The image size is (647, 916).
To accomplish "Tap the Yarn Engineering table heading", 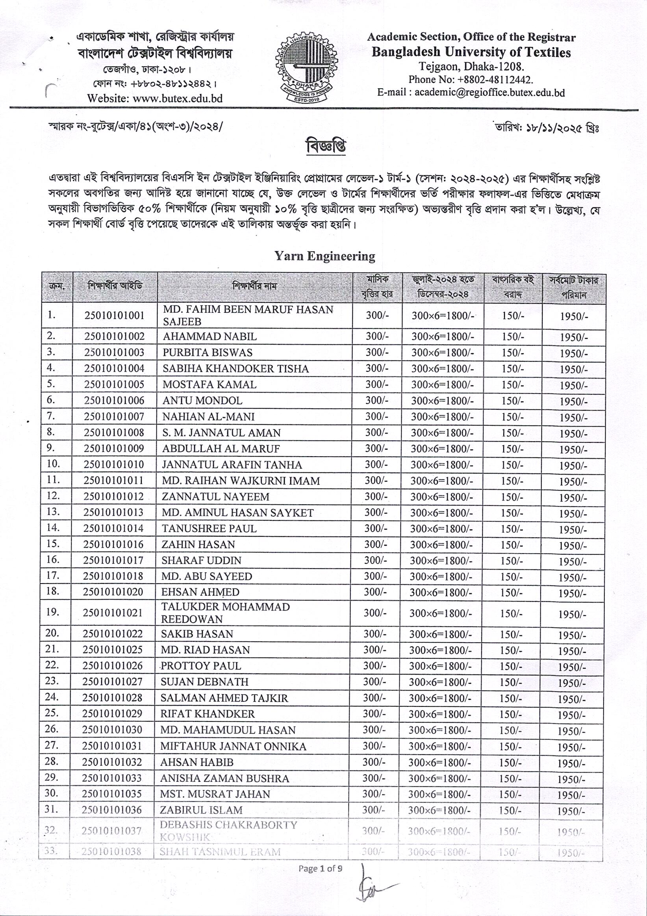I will coord(324,256).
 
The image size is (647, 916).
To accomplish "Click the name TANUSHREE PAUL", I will coord(209,529).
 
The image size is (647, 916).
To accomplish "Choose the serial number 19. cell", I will coord(53,612).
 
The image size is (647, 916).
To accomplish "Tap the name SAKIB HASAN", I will coord(197,634).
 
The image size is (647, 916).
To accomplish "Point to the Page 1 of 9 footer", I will coord(320,868).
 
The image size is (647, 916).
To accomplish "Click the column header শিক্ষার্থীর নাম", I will coord(254,286).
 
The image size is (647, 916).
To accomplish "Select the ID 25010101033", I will coord(111,778).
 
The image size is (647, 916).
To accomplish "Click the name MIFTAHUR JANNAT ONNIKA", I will coord(233,746).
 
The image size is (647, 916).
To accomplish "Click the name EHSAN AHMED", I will coord(200,592).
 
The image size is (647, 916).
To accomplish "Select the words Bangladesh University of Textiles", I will coord(471,52).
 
